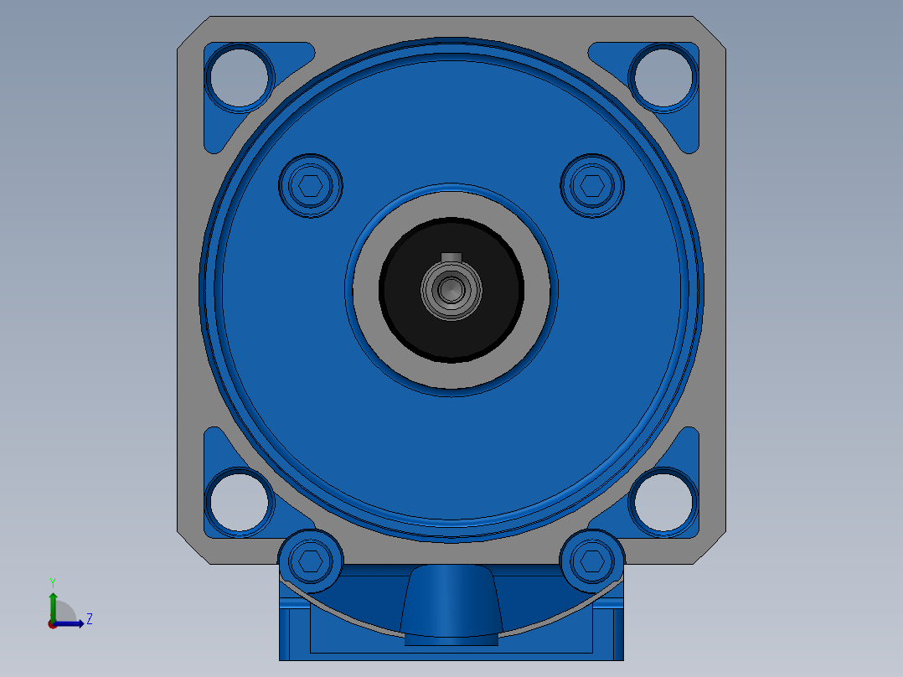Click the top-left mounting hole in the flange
[x=239, y=77]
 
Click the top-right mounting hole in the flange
[x=663, y=77]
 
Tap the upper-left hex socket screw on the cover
[x=311, y=185]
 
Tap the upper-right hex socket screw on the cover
[x=592, y=185]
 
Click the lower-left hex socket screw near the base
[x=311, y=561]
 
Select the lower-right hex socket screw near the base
[x=592, y=561]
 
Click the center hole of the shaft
[x=451, y=290]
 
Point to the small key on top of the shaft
[x=451, y=257]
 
